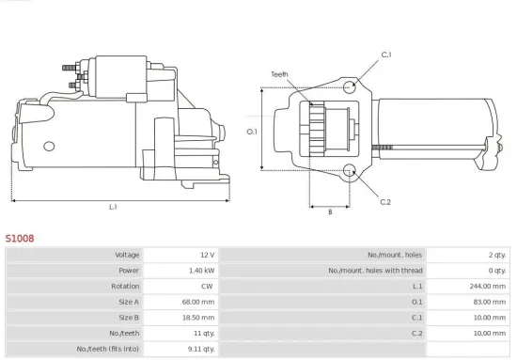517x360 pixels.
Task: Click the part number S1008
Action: [x=20, y=239]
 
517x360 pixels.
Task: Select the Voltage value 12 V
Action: [x=206, y=255]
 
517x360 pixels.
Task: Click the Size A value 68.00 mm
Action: [x=198, y=303]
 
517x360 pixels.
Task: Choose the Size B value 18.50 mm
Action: [x=198, y=318]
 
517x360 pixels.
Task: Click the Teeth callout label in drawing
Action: [x=279, y=73]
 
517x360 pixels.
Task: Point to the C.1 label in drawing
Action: [x=385, y=55]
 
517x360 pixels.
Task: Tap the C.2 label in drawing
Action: [x=385, y=202]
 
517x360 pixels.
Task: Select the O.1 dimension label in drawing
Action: [x=252, y=132]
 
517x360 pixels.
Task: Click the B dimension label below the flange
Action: [x=330, y=212]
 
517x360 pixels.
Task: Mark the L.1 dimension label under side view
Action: [x=113, y=207]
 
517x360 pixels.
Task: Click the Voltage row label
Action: [x=127, y=255]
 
